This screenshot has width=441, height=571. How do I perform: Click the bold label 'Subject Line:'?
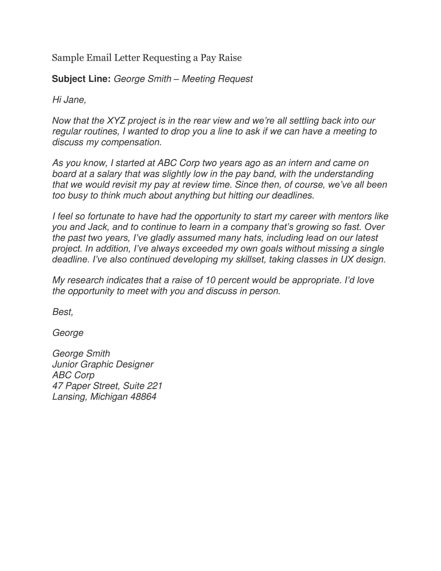click(81, 79)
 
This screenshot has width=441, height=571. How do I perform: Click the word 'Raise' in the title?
click(230, 58)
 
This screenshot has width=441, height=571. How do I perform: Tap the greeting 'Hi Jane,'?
click(69, 100)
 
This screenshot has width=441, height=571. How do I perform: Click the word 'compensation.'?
click(132, 142)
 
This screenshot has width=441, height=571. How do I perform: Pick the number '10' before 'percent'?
click(210, 280)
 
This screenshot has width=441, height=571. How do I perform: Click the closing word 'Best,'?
click(63, 312)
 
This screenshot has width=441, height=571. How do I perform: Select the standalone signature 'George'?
click(68, 333)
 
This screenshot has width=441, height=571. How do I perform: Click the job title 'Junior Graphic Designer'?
click(103, 364)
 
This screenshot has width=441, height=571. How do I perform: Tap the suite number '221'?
click(155, 386)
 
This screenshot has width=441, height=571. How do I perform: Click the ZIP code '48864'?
click(143, 396)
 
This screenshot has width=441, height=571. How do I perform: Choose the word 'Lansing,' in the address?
click(69, 397)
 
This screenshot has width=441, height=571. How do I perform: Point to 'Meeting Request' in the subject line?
click(217, 79)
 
